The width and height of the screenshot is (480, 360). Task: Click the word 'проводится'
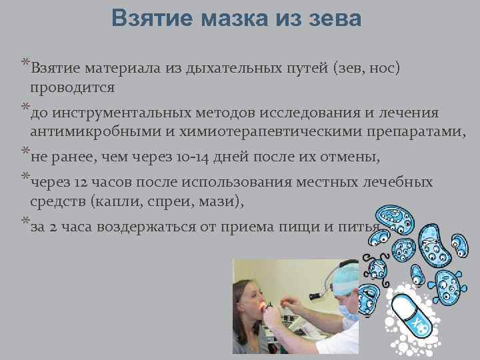click(x=72, y=87)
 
